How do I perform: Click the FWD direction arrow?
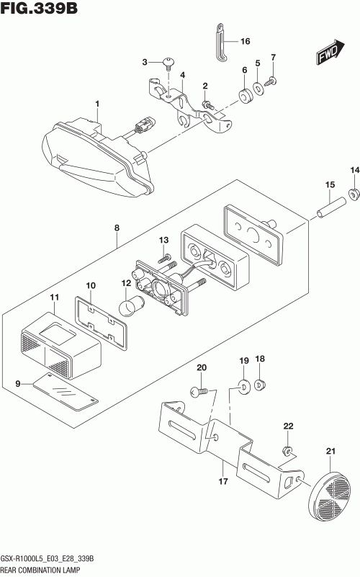(x=329, y=53)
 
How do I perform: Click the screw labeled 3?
(x=168, y=64)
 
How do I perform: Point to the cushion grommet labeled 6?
(x=245, y=96)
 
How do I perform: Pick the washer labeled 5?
(x=258, y=89)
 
